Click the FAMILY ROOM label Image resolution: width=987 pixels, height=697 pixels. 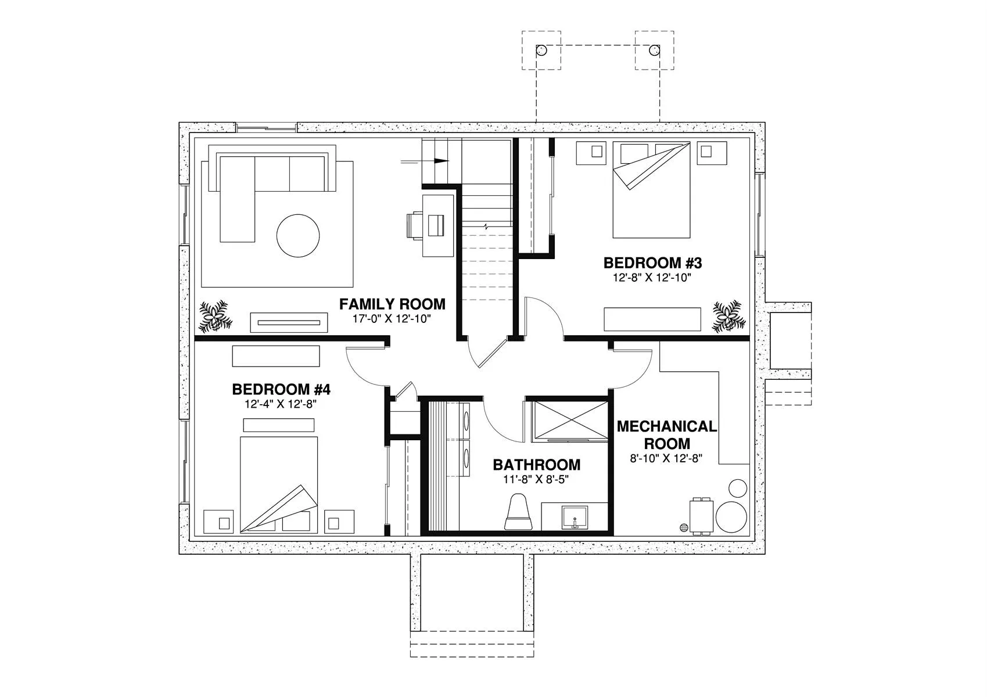(x=392, y=304)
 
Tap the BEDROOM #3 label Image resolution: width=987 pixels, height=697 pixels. (x=652, y=263)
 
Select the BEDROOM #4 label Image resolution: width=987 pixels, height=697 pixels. (x=281, y=390)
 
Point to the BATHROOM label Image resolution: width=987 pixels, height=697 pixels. (x=537, y=465)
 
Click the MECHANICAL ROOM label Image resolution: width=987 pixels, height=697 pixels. (x=667, y=434)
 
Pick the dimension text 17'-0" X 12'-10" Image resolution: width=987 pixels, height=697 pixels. (x=392, y=319)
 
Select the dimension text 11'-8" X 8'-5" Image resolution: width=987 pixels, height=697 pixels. (x=536, y=479)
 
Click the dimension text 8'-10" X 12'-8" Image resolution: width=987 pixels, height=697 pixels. (x=666, y=458)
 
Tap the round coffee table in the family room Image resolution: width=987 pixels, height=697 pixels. (x=298, y=236)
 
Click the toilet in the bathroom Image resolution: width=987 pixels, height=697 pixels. (x=518, y=512)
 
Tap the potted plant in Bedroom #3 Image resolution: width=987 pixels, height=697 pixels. (x=729, y=317)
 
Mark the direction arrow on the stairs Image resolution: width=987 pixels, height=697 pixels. (x=425, y=161)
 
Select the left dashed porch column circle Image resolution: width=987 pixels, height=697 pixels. (x=541, y=50)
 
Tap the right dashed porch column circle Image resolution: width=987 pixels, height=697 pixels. (x=654, y=50)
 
